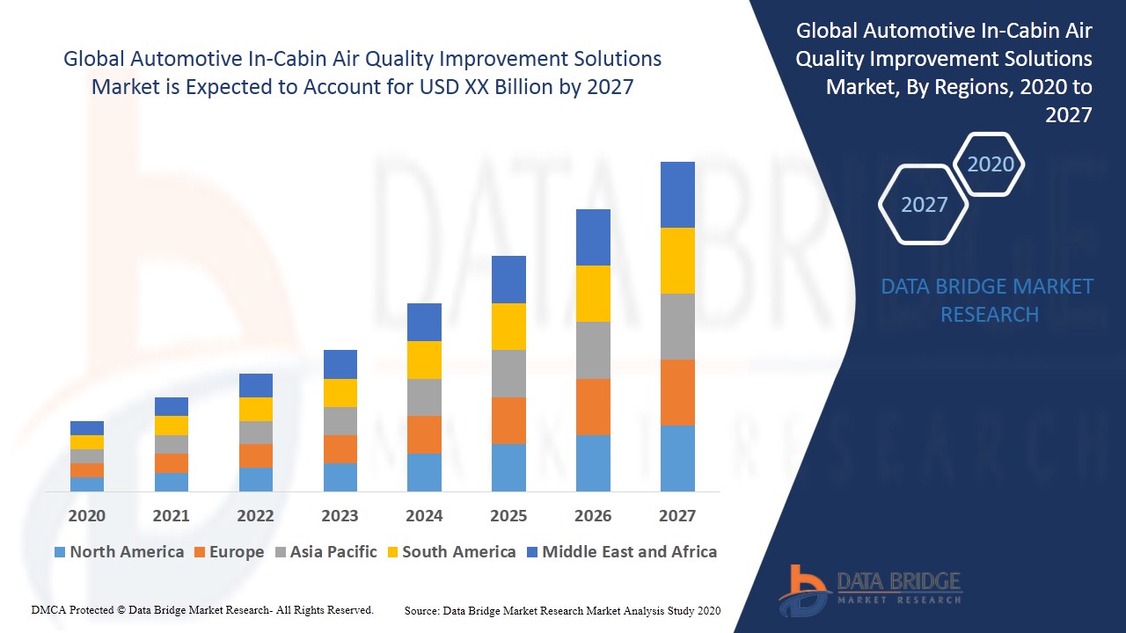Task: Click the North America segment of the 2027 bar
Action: click(677, 458)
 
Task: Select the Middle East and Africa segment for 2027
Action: click(677, 194)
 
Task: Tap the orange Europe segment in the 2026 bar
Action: click(593, 407)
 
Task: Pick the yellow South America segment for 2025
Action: click(508, 326)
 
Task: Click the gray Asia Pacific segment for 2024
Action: click(424, 397)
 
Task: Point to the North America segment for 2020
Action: click(87, 484)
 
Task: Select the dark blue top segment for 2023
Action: click(340, 364)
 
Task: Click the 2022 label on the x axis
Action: click(255, 515)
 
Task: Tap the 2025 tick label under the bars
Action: click(508, 515)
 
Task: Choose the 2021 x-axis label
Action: click(171, 515)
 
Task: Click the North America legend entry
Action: click(119, 552)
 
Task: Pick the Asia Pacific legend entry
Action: click(325, 552)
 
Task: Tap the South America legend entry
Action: click(450, 552)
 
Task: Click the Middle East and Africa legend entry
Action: click(621, 552)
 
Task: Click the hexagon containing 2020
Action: click(991, 164)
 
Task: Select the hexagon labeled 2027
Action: click(924, 205)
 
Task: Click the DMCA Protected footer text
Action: click(202, 609)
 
